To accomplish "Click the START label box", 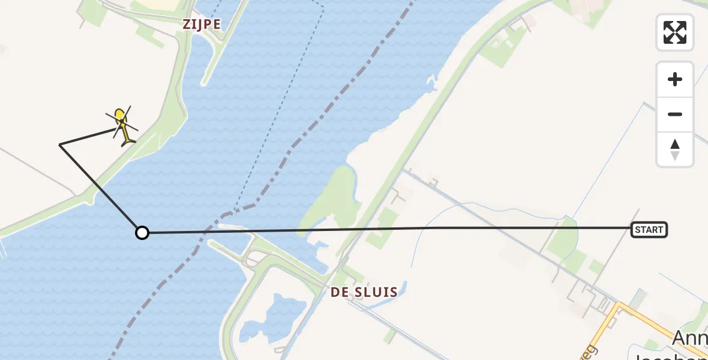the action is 649,229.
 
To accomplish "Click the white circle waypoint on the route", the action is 142,232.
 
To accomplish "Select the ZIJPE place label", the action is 202,25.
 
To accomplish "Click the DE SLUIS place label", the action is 364,292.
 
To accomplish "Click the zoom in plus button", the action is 675,79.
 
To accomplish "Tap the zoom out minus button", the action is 675,114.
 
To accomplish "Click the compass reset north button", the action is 675,149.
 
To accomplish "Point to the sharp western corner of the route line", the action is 60,144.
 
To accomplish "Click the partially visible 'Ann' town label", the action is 690,338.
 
